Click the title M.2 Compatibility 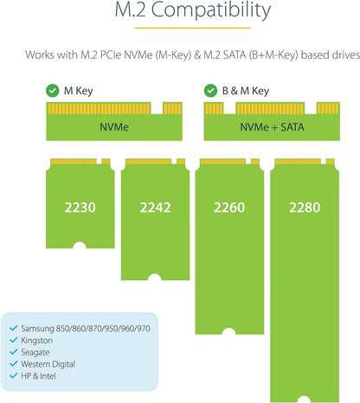pyautogui.click(x=193, y=10)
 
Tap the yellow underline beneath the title pyautogui.click(x=193, y=28)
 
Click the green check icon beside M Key pyautogui.click(x=53, y=91)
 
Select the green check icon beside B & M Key pyautogui.click(x=210, y=91)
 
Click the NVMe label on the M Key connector pyautogui.click(x=114, y=127)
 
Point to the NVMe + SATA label pyautogui.click(x=272, y=127)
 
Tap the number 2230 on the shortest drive pyautogui.click(x=80, y=208)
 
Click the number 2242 pyautogui.click(x=155, y=208)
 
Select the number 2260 pyautogui.click(x=229, y=208)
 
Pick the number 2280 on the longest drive pyautogui.click(x=305, y=208)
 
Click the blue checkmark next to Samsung pyautogui.click(x=14, y=329)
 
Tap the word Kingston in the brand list pyautogui.click(x=36, y=341)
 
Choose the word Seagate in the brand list pyautogui.click(x=35, y=352)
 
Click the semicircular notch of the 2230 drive pyautogui.click(x=80, y=246)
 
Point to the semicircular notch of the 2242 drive pyautogui.click(x=154, y=277)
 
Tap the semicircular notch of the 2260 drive pyautogui.click(x=228, y=331)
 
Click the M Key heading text pyautogui.click(x=78, y=91)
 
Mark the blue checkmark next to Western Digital pyautogui.click(x=14, y=364)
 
